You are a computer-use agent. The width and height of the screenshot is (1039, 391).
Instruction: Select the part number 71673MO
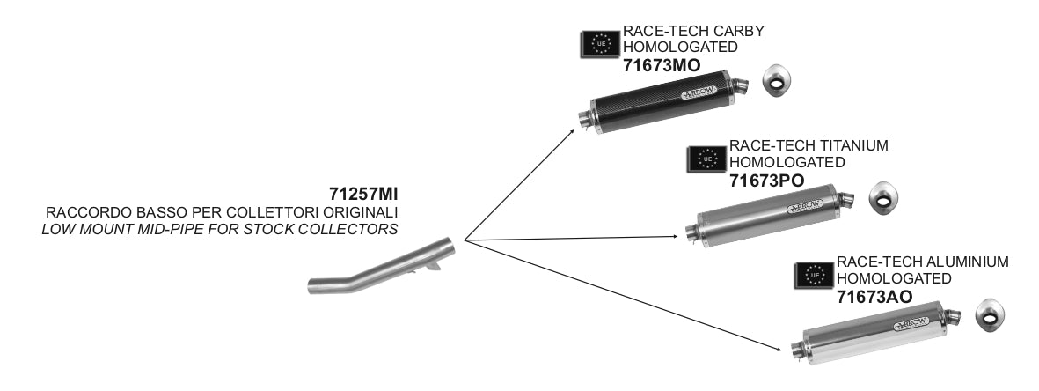[662, 65]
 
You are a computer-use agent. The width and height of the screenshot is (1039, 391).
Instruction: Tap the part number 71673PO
[767, 180]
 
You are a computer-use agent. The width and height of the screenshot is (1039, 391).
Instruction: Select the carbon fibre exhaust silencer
[663, 102]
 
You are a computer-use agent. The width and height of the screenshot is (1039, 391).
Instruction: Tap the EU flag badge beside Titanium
[706, 159]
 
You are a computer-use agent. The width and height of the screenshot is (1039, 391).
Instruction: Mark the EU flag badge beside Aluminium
[814, 275]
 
